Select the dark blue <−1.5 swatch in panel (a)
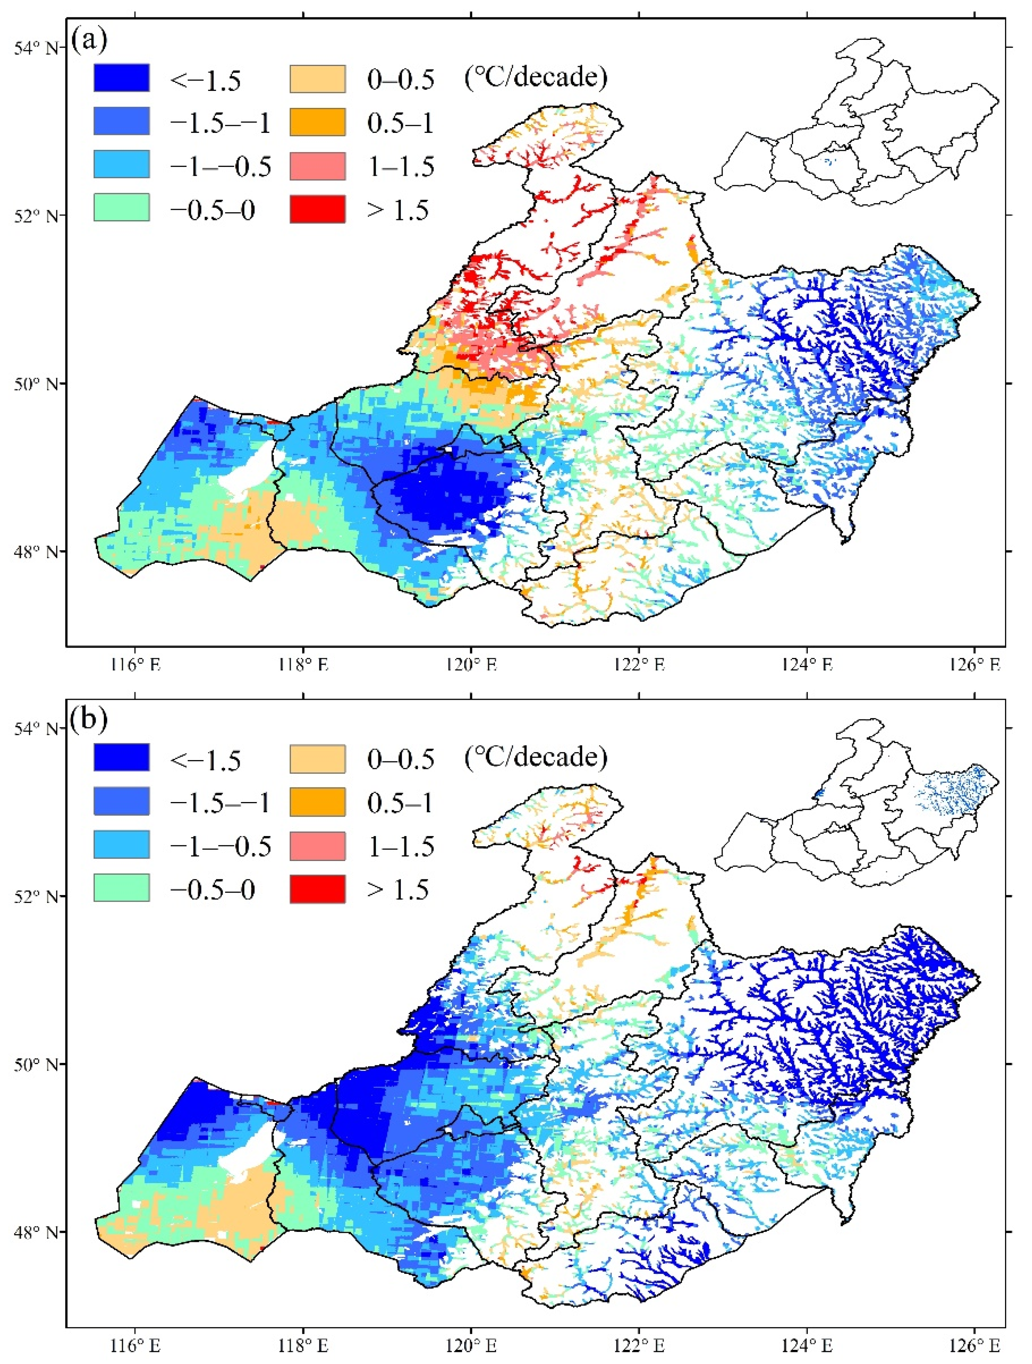tap(121, 78)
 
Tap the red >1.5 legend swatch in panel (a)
tap(318, 209)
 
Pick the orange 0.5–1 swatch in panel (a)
tap(318, 121)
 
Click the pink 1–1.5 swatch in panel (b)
tap(318, 845)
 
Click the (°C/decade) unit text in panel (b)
tap(536, 757)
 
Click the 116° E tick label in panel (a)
tap(135, 665)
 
